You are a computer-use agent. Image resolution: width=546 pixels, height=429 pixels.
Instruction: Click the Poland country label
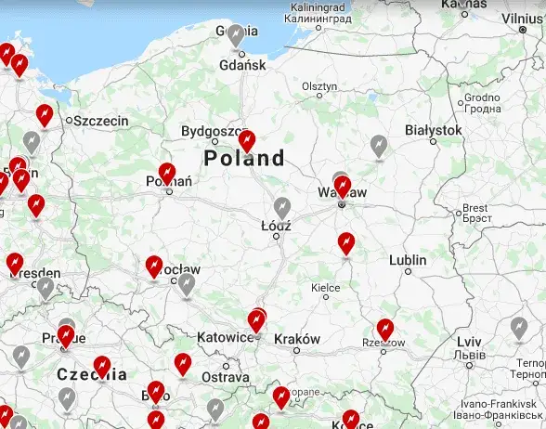click(244, 159)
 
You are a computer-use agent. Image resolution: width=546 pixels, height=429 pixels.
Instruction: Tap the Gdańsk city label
click(243, 65)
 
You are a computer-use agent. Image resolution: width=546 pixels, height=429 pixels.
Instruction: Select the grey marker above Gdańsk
click(238, 35)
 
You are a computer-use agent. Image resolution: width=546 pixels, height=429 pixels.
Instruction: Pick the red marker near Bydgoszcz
click(246, 140)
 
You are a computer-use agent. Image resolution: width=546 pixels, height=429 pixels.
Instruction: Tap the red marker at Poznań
click(167, 173)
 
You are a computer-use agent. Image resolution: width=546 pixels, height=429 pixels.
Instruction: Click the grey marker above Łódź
click(282, 207)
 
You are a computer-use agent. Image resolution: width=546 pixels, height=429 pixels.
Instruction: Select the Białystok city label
click(434, 131)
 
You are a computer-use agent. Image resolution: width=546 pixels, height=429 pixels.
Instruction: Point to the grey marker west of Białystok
click(378, 145)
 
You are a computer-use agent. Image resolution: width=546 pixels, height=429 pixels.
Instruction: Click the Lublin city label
click(408, 260)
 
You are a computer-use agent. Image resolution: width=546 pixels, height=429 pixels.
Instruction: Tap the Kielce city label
click(326, 288)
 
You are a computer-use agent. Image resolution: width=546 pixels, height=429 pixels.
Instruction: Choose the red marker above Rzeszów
click(384, 329)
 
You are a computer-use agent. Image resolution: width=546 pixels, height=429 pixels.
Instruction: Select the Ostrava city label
click(226, 378)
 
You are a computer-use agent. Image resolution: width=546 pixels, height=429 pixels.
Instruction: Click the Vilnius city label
click(521, 18)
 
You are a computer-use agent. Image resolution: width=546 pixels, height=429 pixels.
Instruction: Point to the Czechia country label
click(93, 375)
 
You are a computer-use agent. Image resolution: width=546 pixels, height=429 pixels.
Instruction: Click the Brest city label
click(474, 208)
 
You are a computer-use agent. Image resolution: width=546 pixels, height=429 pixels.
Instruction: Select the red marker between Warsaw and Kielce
click(346, 242)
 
